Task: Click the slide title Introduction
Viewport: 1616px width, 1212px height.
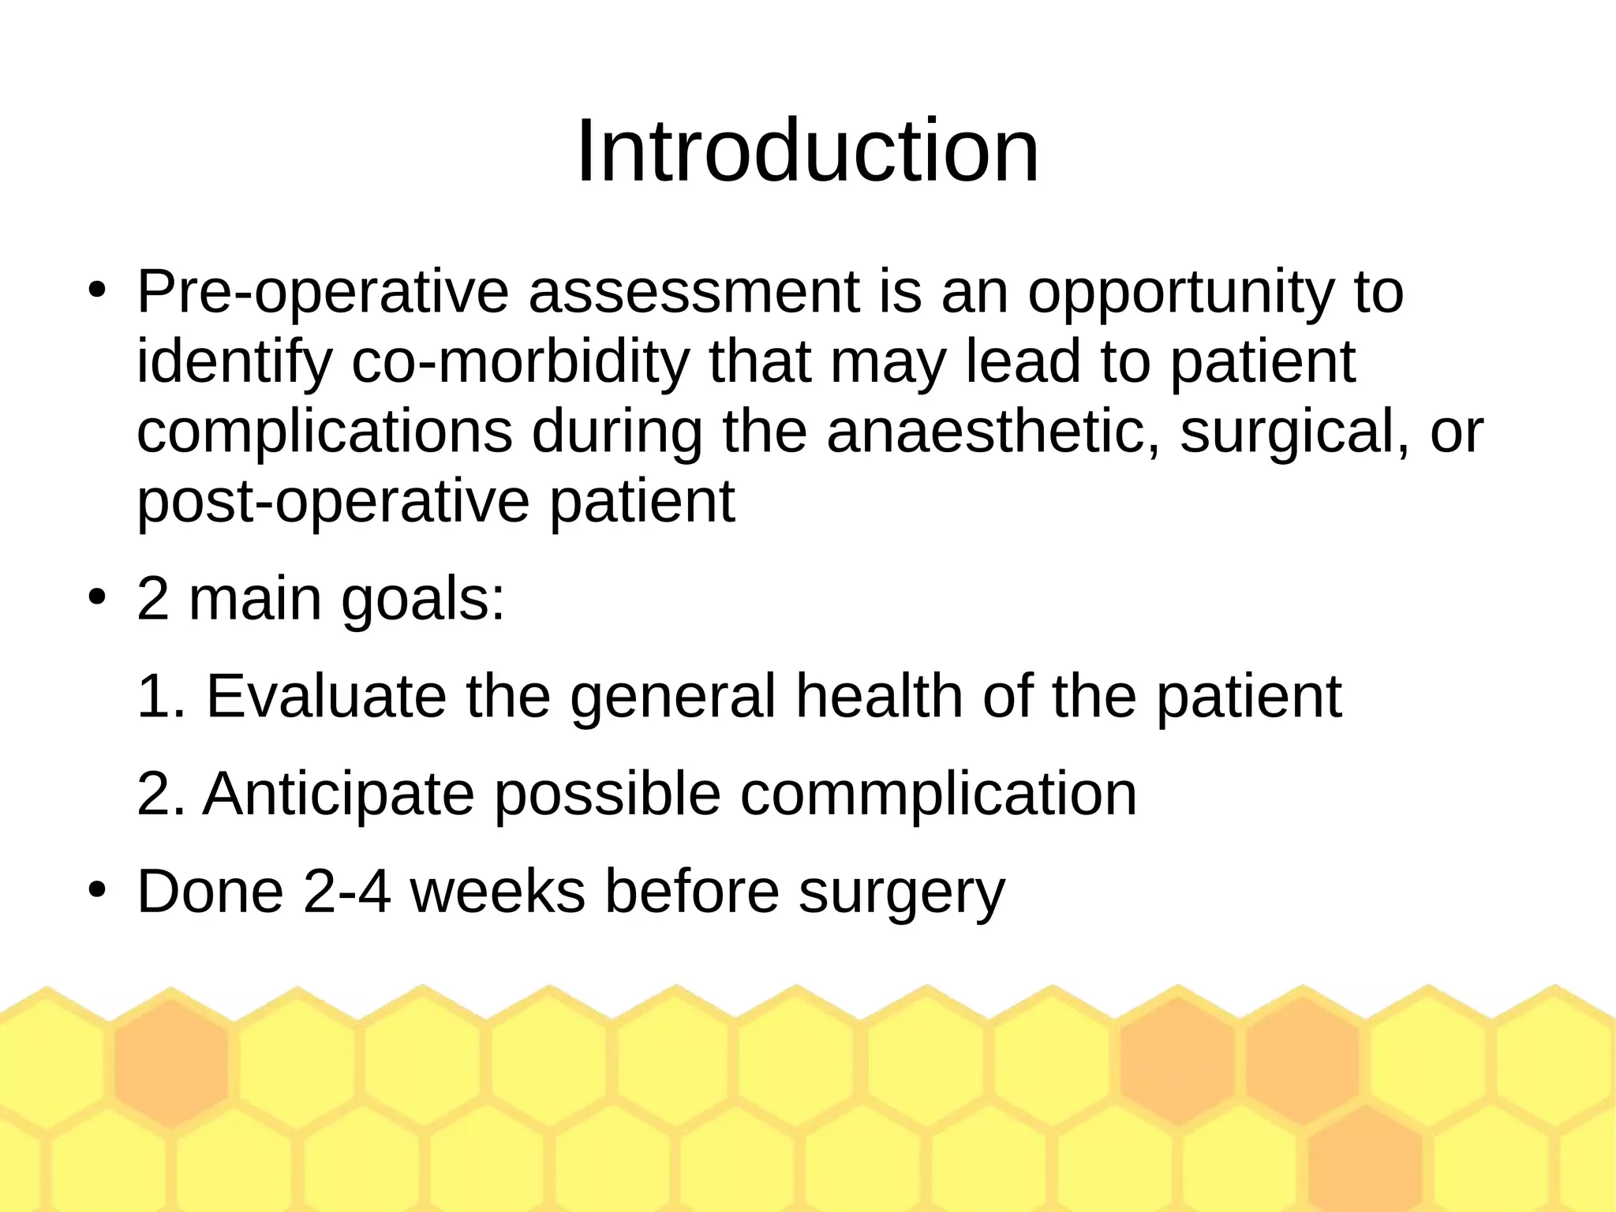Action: (807, 151)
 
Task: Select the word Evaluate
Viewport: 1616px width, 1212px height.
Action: (326, 697)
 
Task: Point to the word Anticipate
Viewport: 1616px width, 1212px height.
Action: (339, 794)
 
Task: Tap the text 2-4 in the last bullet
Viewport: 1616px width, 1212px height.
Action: (346, 892)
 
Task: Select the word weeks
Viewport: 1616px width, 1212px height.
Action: (498, 892)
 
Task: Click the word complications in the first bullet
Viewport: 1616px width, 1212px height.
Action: (324, 432)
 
